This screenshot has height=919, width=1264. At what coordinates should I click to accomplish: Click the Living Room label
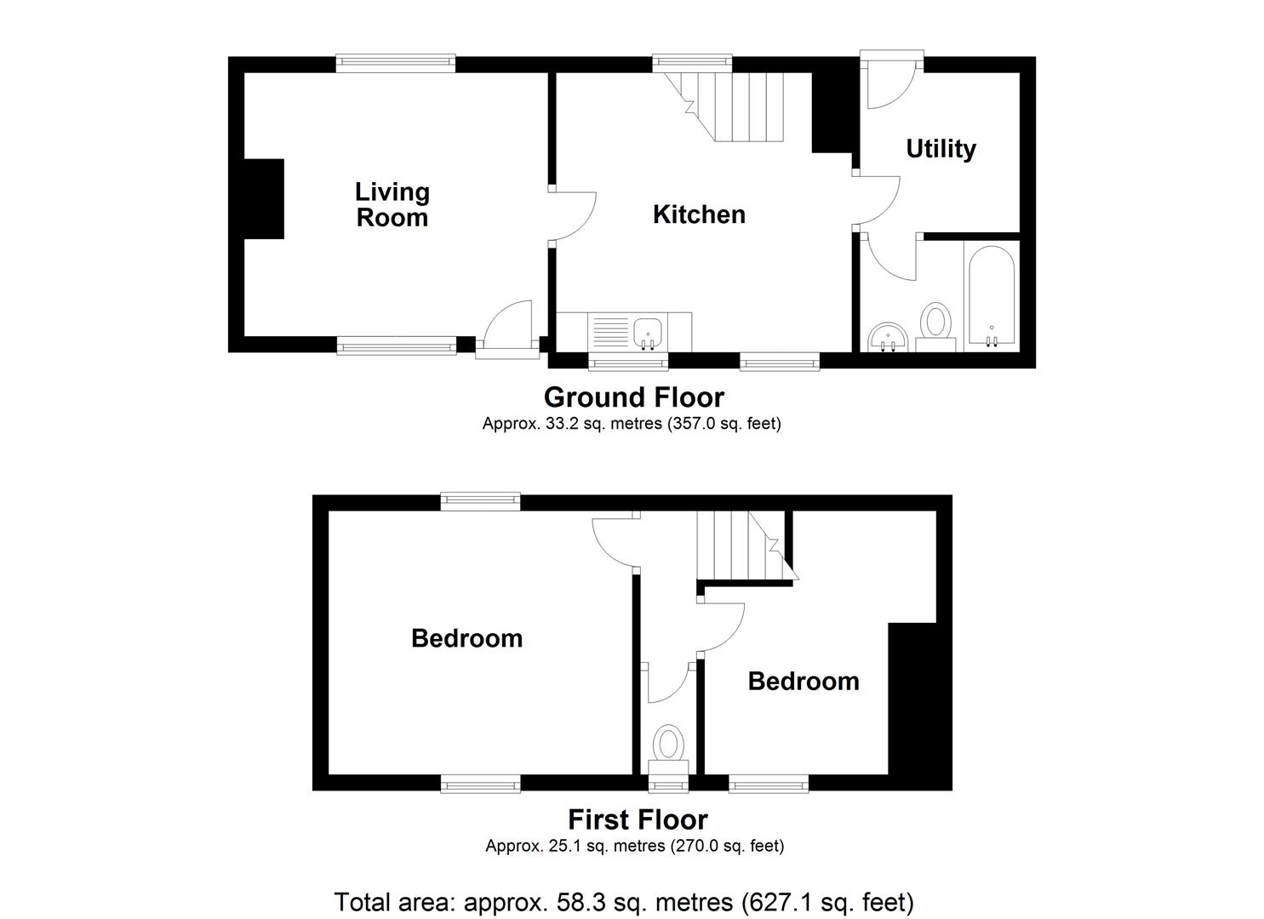coord(392,205)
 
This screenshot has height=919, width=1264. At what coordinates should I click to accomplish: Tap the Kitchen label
coord(699,214)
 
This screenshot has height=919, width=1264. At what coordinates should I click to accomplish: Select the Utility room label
coord(941,149)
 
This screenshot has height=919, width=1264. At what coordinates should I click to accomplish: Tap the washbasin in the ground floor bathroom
coord(888,338)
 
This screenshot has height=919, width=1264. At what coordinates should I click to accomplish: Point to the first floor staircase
coord(741,545)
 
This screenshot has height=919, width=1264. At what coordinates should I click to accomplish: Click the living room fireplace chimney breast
coord(264,198)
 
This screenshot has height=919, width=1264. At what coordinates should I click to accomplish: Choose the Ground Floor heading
coord(633,397)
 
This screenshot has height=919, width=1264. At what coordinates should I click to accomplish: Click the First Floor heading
coord(638,819)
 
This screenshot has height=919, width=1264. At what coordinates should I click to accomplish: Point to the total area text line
coord(624,901)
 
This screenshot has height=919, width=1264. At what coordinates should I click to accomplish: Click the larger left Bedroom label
coord(466,638)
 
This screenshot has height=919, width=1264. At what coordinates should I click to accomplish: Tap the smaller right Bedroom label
coord(803,681)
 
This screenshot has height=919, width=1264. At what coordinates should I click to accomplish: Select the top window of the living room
coord(395,64)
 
